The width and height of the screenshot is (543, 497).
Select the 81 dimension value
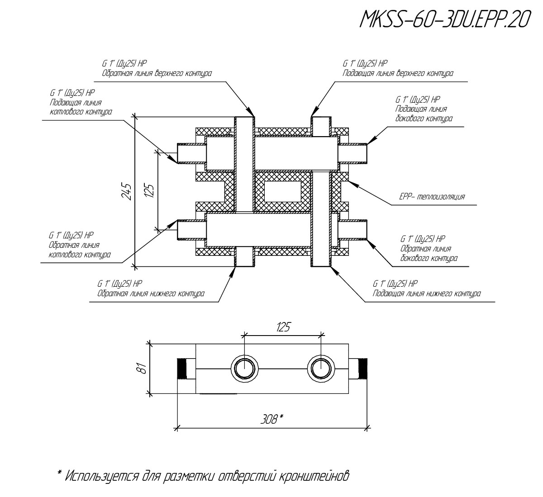(143, 368)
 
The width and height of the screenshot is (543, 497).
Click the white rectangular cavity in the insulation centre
(283, 192)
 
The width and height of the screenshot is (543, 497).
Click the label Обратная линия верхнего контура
(157, 73)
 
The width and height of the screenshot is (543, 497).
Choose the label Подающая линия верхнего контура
(398, 73)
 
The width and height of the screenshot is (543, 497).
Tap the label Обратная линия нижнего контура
(151, 293)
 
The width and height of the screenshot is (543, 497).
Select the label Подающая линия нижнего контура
(427, 293)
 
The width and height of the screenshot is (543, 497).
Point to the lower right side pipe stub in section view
(353, 229)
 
